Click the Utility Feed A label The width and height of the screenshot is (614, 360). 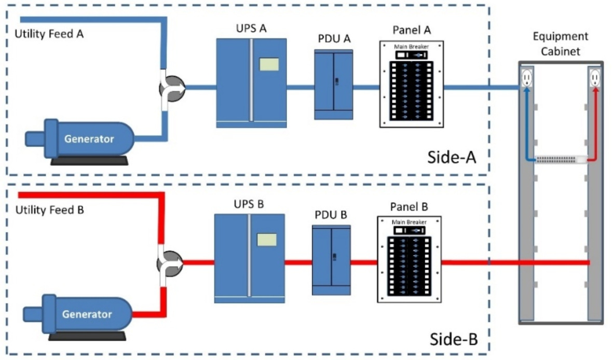tap(49, 35)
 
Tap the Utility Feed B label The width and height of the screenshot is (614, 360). tap(49, 211)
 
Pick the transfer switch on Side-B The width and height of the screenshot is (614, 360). tap(170, 262)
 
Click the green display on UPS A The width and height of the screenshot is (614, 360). tap(269, 64)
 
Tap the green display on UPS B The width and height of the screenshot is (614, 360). tap(267, 240)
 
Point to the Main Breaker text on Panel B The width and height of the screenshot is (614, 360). tap(410, 222)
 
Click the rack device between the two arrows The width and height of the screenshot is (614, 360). tap(561, 160)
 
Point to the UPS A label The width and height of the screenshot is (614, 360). tap(252, 29)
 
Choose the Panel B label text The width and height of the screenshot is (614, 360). tap(408, 206)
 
